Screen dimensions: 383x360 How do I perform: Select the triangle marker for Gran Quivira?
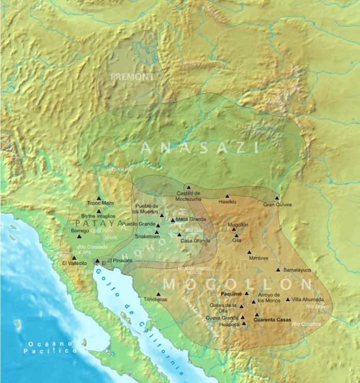point(277,197)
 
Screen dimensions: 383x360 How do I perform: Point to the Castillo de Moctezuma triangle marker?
point(189,187)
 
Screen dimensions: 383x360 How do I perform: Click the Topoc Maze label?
point(100,203)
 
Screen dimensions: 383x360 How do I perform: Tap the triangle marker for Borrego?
point(79,236)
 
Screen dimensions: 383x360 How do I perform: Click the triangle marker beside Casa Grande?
point(179,235)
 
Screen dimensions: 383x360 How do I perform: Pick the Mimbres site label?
point(258,258)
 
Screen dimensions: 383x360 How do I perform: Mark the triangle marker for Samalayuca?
point(278,270)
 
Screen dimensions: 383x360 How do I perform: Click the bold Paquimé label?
point(231,293)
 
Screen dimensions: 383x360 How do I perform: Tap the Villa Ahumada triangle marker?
point(288,299)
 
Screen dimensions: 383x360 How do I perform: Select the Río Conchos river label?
point(306,324)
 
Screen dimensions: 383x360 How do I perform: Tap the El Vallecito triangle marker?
point(73,257)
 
